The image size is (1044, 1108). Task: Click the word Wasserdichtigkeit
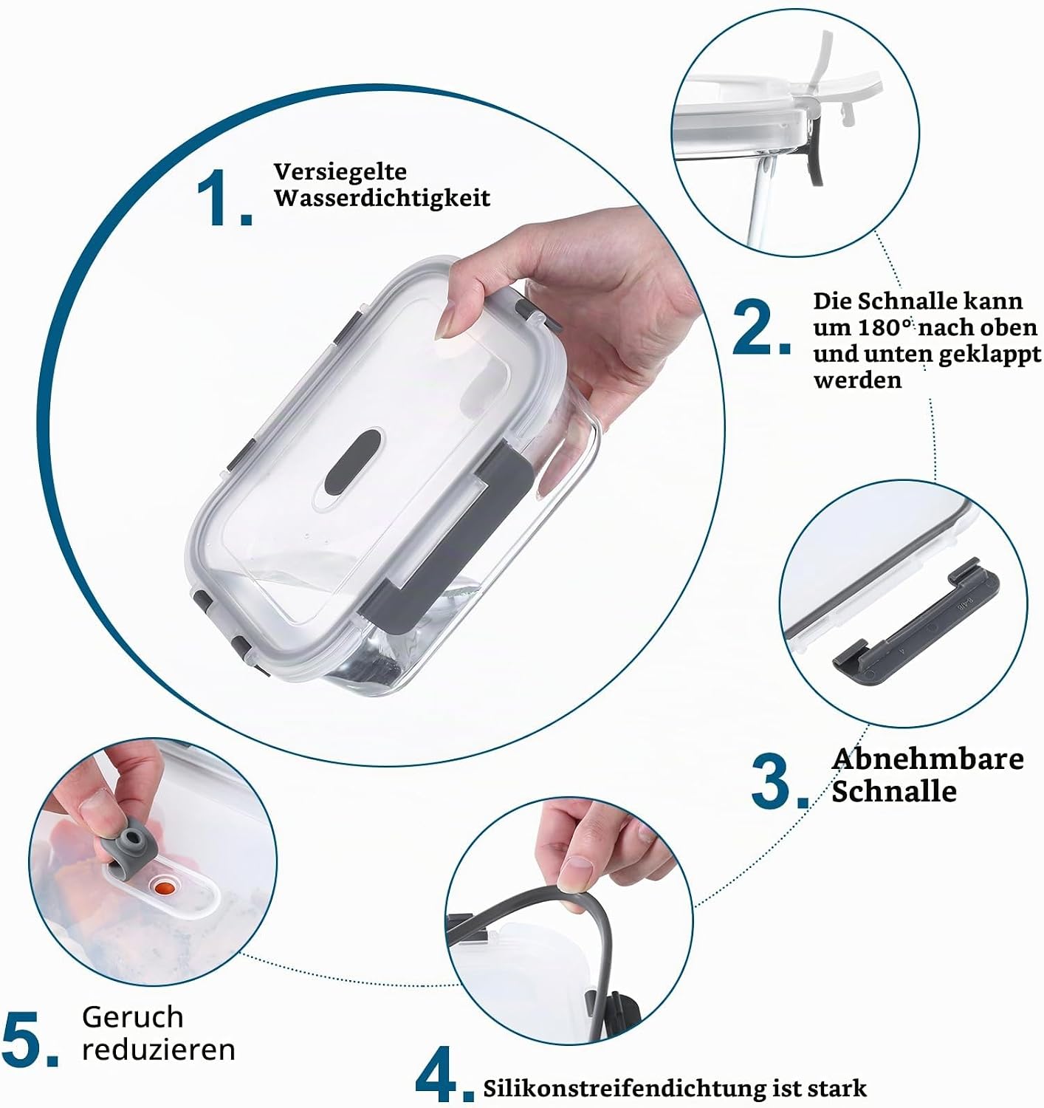coord(382,198)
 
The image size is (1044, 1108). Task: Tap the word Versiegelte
coord(340,172)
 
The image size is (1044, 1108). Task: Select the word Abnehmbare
coord(927,759)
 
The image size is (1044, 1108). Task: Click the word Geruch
coord(133,1017)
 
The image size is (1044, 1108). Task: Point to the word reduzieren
coord(159,1050)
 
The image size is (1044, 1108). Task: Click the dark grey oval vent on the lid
coord(352,462)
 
